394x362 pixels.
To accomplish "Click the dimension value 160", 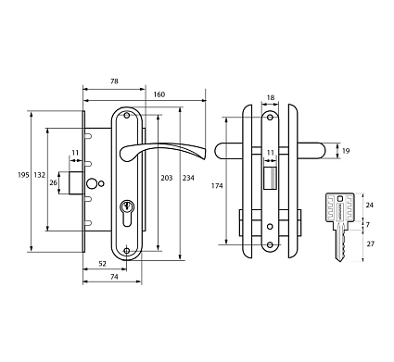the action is pyautogui.click(x=159, y=94).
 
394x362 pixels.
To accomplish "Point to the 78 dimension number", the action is pyautogui.click(x=114, y=81).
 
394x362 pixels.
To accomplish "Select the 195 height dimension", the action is pyautogui.click(x=23, y=175).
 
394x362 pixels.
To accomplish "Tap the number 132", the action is pyautogui.click(x=40, y=175).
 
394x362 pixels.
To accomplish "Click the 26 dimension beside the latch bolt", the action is pyautogui.click(x=54, y=182).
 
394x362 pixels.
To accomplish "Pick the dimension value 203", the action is pyautogui.click(x=167, y=178).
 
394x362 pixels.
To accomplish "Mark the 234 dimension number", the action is pyautogui.click(x=188, y=178).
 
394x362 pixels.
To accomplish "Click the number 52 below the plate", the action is pyautogui.click(x=102, y=264).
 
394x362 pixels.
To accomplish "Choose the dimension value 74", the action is pyautogui.click(x=114, y=277).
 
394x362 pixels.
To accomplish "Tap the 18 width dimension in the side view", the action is pyautogui.click(x=271, y=98).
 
